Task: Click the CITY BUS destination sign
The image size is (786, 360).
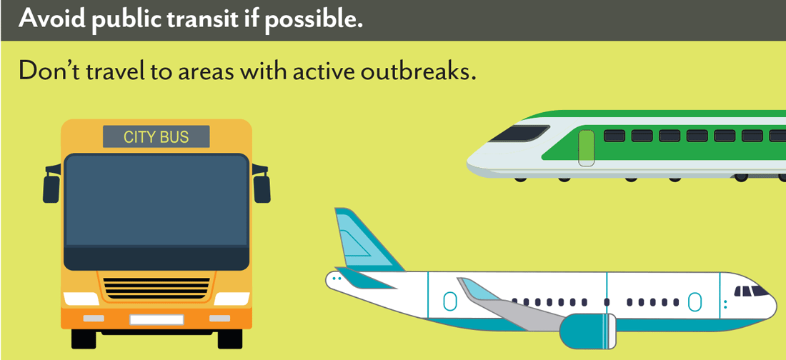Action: coord(156,136)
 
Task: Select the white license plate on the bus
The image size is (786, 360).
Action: coord(156,319)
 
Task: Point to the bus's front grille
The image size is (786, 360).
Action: coord(156,288)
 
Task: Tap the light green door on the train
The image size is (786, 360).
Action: coord(586,149)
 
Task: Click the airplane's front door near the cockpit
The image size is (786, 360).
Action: coord(695,301)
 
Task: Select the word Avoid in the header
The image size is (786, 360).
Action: coord(44,19)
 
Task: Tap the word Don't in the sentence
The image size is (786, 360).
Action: coord(51,72)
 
